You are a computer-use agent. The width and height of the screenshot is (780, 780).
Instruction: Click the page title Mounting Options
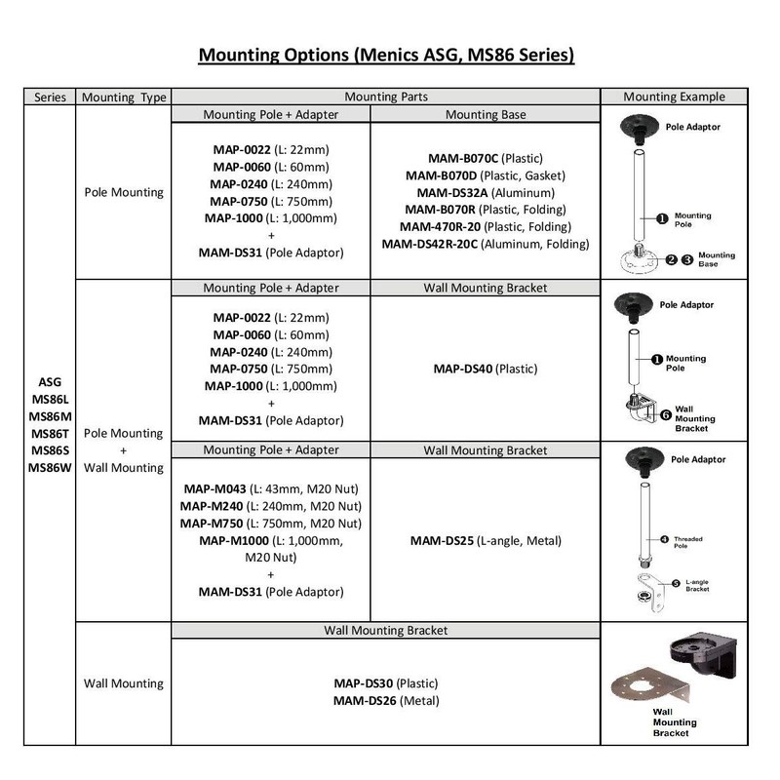click(x=386, y=53)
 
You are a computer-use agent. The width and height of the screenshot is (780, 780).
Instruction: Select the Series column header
click(x=50, y=97)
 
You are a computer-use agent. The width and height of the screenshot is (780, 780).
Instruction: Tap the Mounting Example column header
click(x=674, y=97)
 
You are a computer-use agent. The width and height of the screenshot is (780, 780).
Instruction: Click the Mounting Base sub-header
click(x=485, y=115)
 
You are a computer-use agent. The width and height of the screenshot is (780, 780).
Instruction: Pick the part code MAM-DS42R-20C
click(x=430, y=244)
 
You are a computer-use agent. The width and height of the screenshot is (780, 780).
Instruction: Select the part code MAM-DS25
click(x=442, y=540)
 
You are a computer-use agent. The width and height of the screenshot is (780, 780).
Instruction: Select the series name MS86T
click(x=50, y=433)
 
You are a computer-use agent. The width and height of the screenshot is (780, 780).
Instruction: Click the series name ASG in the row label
click(x=50, y=382)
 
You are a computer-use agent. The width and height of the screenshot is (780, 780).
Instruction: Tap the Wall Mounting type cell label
click(x=123, y=683)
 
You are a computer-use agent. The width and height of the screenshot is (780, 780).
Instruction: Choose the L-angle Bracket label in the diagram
click(x=695, y=586)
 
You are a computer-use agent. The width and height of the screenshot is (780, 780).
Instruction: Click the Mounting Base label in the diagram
click(x=717, y=259)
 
